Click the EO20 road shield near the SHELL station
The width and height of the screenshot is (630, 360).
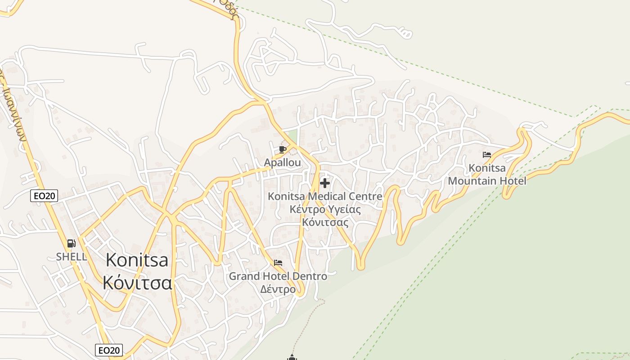(44, 196)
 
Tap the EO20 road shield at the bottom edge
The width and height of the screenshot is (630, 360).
(109, 350)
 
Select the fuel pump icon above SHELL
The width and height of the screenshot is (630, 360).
(71, 244)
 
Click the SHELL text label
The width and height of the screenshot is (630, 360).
(72, 256)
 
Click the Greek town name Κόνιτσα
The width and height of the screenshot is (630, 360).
(137, 283)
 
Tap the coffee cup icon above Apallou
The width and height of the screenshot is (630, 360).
(283, 149)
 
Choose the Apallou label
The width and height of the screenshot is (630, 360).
(283, 162)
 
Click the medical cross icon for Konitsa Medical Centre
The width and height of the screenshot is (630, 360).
(324, 183)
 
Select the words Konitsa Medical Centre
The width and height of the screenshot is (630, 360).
(325, 197)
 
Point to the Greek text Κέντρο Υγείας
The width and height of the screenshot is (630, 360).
(325, 209)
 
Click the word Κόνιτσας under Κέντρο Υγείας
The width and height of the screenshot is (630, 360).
(325, 222)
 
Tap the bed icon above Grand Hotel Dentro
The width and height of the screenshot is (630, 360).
(278, 263)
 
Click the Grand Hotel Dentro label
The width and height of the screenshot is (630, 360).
(278, 276)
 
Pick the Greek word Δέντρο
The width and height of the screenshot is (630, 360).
(278, 289)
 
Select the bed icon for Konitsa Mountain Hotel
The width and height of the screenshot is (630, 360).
(487, 155)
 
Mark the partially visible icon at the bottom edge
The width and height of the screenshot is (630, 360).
(292, 357)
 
